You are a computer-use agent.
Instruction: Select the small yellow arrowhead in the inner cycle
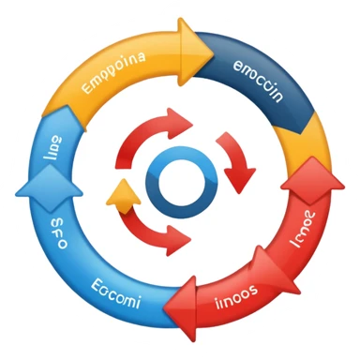click(122, 194)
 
